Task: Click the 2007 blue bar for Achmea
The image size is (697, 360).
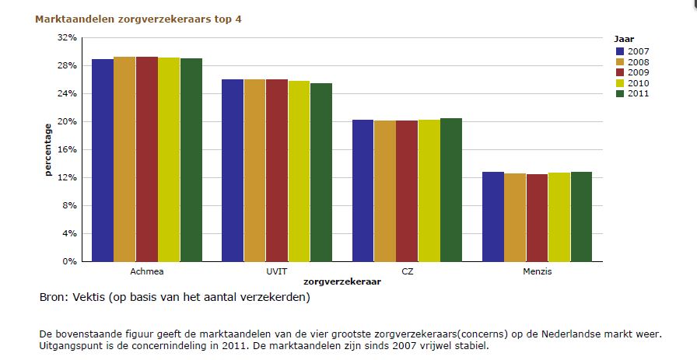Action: (103, 160)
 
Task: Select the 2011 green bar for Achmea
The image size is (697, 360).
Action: (191, 160)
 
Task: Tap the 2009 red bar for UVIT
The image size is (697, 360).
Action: (276, 170)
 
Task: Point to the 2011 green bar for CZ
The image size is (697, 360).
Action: (450, 190)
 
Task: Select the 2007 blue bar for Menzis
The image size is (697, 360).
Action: (492, 217)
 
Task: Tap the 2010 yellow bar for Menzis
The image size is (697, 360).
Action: (559, 217)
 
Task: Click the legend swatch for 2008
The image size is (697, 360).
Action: (620, 62)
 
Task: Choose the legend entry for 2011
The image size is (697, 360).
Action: (637, 94)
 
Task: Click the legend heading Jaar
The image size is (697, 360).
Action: (623, 38)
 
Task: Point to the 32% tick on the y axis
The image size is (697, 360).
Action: (67, 37)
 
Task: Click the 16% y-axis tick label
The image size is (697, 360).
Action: (67, 149)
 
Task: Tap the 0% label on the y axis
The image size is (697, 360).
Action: (69, 262)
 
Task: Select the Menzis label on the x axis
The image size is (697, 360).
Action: (537, 272)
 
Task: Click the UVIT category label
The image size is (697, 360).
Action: (276, 272)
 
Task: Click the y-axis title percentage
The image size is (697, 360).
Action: (48, 149)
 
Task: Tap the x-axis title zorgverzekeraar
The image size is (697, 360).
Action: (341, 282)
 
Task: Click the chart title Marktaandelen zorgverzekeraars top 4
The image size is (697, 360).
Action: (138, 19)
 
